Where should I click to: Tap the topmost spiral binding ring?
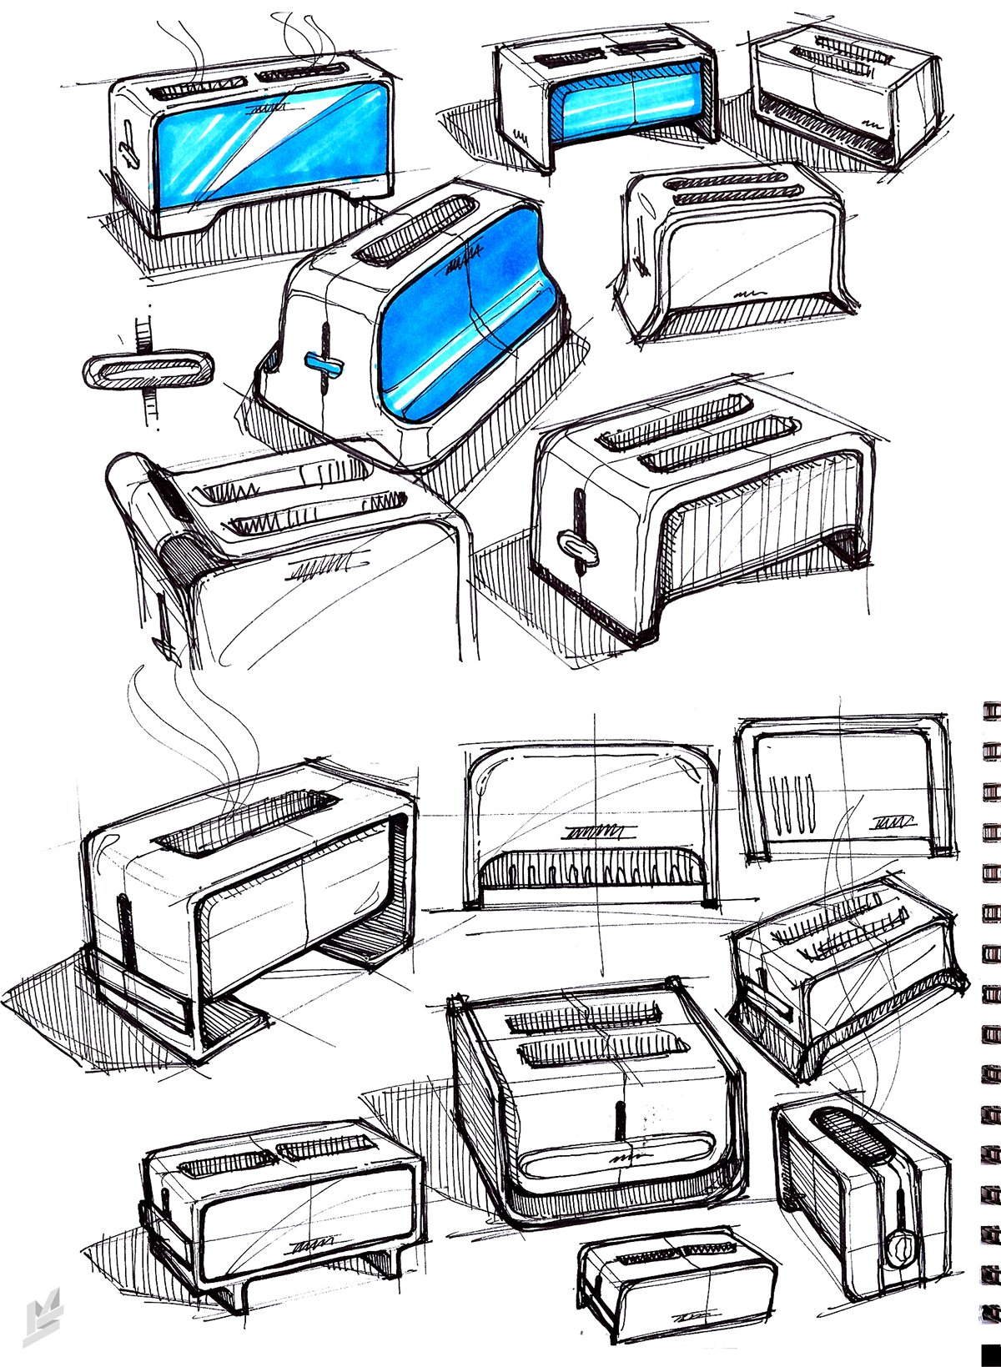pos(991,710)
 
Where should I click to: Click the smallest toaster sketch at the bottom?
pos(676,1284)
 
